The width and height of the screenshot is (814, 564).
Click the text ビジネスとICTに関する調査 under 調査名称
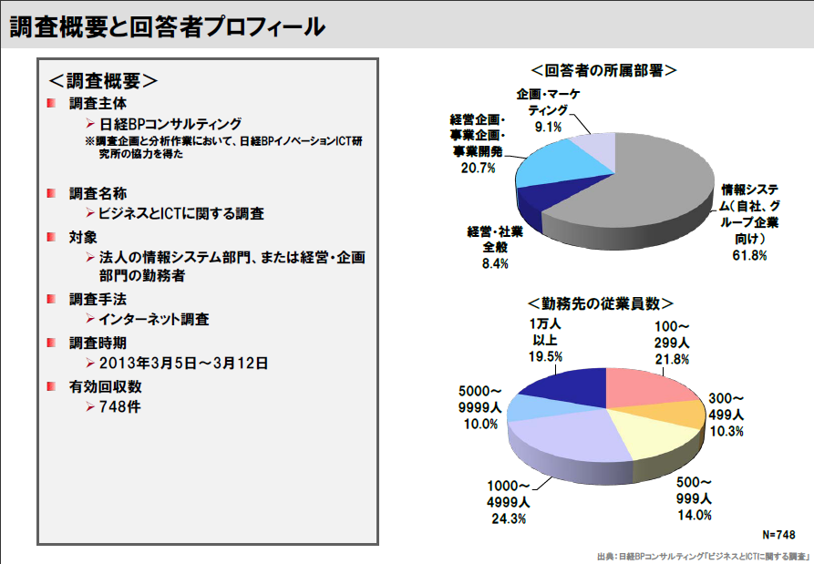coord(181,213)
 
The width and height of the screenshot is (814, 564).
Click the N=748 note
coord(778,533)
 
